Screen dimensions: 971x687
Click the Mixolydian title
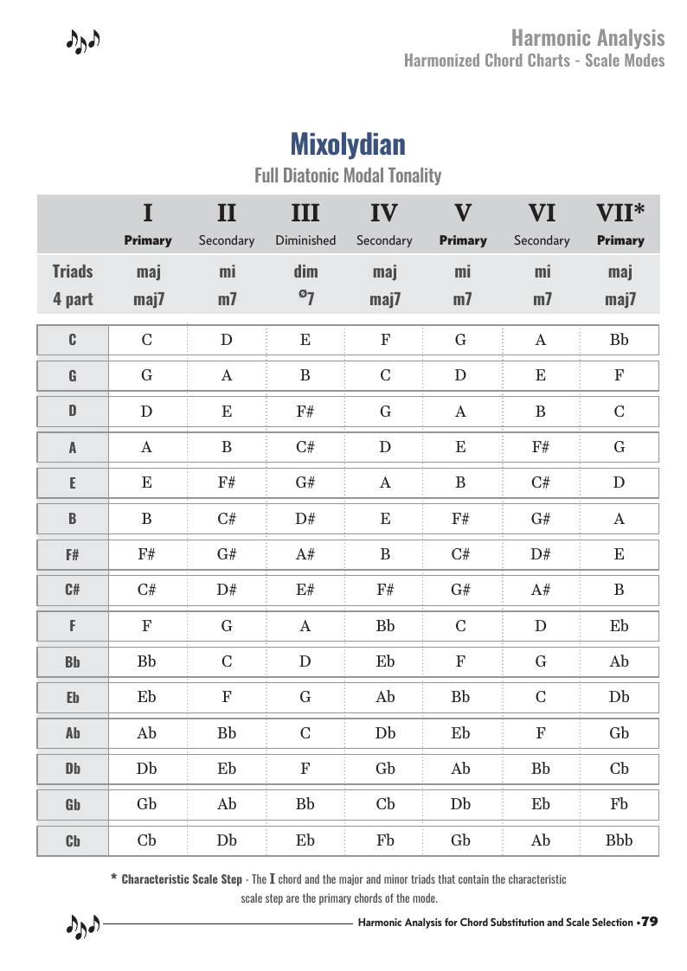[347, 144]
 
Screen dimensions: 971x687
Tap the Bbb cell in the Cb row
[619, 840]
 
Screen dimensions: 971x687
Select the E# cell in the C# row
[305, 591]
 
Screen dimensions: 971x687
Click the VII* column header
[620, 213]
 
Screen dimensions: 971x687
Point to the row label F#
[73, 555]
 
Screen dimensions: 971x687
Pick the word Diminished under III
[305, 240]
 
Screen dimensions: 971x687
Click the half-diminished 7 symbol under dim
[305, 299]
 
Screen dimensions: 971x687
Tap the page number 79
[650, 922]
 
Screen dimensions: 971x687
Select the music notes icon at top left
[83, 41]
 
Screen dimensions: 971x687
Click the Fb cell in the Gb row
[619, 804]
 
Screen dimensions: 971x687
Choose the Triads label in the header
[73, 271]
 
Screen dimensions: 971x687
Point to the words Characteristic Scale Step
[182, 879]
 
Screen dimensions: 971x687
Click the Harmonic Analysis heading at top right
[587, 38]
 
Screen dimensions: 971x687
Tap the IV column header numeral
[384, 213]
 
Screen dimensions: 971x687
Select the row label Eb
[73, 698]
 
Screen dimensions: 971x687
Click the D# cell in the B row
[305, 519]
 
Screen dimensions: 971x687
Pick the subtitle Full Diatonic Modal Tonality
[347, 176]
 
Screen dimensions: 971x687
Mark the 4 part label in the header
[73, 300]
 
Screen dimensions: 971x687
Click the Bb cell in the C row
[619, 340]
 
